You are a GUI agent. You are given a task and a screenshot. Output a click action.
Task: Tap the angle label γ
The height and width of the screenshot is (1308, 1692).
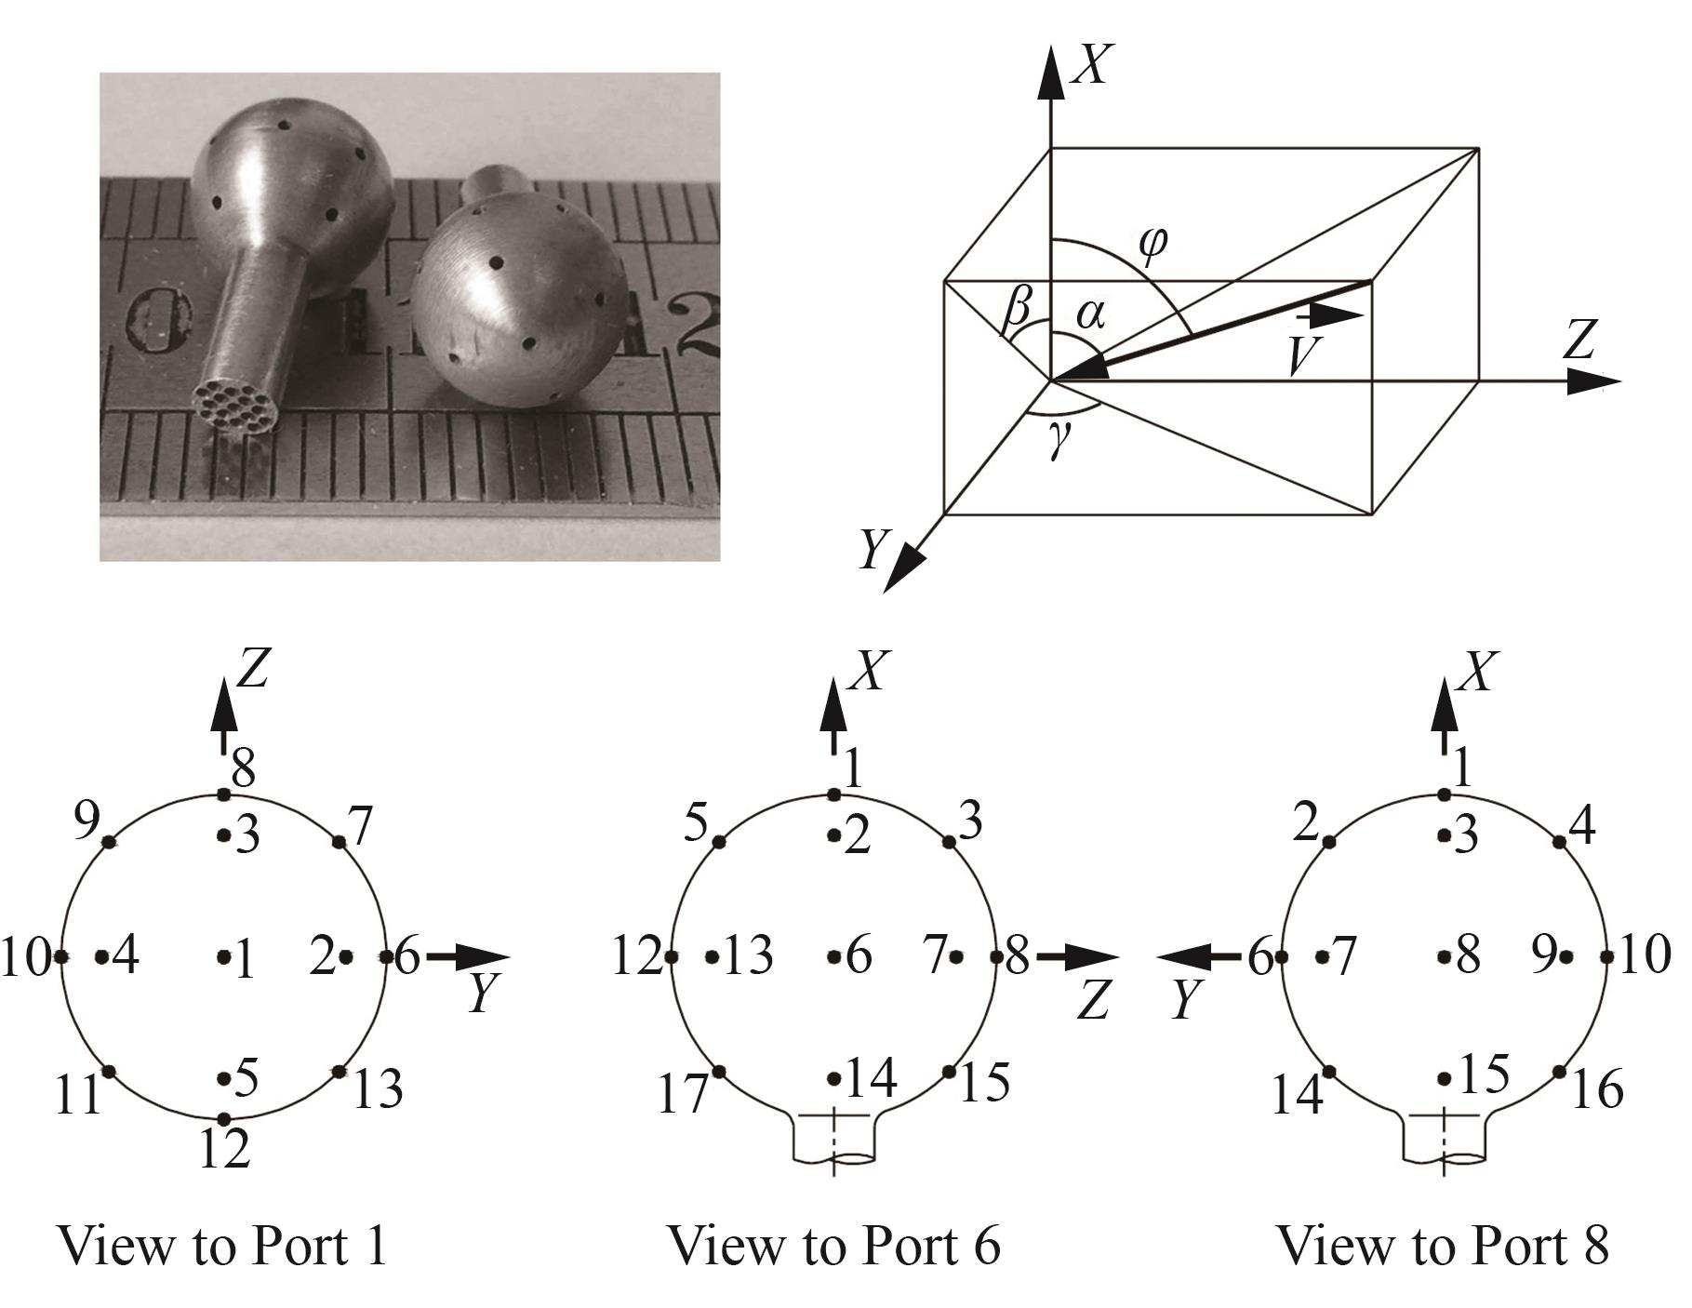(1057, 446)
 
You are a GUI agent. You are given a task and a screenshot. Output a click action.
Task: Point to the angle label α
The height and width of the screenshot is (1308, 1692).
(1090, 314)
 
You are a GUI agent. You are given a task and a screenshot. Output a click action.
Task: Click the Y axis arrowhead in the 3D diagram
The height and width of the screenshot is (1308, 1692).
(905, 567)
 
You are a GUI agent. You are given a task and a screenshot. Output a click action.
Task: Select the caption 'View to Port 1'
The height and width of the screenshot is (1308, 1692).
(222, 1245)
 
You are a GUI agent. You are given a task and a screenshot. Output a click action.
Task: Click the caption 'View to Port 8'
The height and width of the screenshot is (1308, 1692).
(1443, 1245)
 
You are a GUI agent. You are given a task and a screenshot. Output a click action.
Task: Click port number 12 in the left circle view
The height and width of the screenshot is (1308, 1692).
(225, 1150)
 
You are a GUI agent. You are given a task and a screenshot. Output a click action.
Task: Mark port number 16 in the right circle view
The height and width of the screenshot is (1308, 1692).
(1597, 1088)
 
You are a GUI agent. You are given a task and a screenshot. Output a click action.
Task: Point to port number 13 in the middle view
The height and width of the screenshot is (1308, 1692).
(748, 956)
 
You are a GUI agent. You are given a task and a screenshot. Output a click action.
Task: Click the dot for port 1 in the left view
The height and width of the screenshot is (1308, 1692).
(223, 956)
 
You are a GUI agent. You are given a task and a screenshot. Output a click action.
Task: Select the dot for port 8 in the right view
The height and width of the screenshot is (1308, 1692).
(1444, 956)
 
